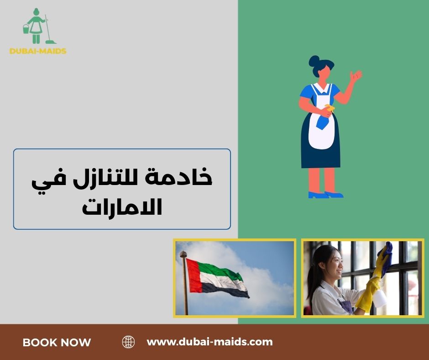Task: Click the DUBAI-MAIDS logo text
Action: click(x=38, y=51)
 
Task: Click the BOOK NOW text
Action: click(x=57, y=342)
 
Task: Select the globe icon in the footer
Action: click(x=129, y=342)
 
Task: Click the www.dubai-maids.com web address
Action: click(x=209, y=341)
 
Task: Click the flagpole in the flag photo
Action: click(x=184, y=283)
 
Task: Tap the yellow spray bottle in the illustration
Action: click(x=328, y=108)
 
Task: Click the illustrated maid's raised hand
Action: click(x=356, y=75)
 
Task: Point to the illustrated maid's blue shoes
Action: click(x=325, y=195)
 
